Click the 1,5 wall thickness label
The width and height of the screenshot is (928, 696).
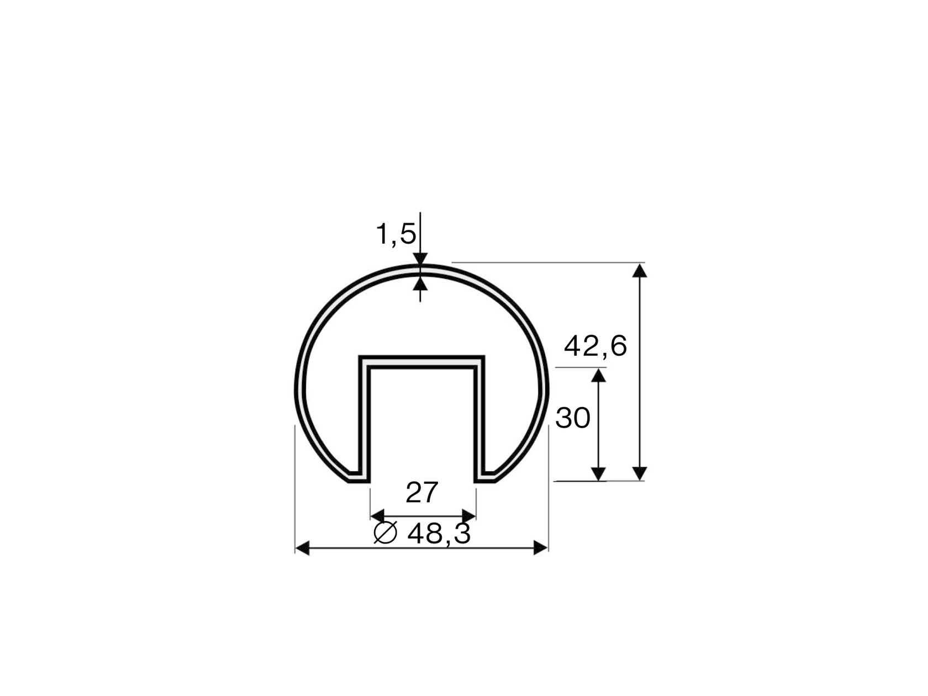(x=396, y=234)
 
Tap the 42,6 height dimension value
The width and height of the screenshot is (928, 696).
(x=595, y=347)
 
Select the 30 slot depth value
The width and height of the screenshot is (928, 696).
(x=573, y=418)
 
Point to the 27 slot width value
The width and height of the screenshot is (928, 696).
(x=422, y=493)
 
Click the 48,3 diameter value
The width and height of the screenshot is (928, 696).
(x=439, y=534)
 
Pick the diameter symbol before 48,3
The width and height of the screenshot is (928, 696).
(x=386, y=532)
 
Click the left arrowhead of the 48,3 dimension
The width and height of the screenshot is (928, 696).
(x=302, y=548)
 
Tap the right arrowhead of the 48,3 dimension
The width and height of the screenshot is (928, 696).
(x=541, y=548)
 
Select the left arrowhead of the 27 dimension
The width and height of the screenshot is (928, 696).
(x=377, y=516)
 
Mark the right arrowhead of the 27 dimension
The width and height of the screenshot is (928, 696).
(x=469, y=516)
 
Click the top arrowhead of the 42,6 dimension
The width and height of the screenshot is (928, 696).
(x=640, y=270)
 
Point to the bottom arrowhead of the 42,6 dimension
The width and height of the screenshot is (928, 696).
(x=640, y=473)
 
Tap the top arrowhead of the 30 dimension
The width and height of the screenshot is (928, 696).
(x=599, y=376)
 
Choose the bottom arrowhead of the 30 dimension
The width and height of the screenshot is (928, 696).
(x=599, y=474)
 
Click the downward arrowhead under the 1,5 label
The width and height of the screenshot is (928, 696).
(x=420, y=259)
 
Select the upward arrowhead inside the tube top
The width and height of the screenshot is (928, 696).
(x=420, y=284)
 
